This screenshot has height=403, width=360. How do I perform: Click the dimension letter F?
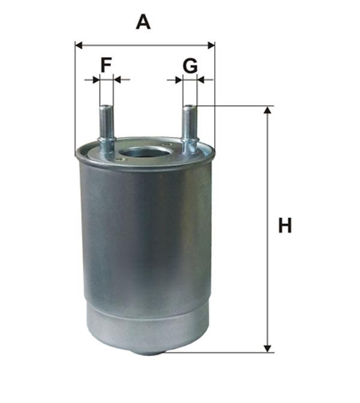(x=106, y=65)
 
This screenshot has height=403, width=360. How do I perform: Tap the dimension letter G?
(x=190, y=65)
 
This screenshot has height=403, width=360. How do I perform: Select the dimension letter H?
(x=285, y=225)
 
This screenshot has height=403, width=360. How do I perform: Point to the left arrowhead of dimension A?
(x=79, y=46)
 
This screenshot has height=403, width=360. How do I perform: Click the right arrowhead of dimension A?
(x=211, y=46)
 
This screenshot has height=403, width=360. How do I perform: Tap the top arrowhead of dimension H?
(x=268, y=110)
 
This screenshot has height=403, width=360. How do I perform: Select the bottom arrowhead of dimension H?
(x=268, y=349)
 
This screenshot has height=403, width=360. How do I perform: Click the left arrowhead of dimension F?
(x=96, y=80)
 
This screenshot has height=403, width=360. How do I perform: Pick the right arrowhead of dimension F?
(x=117, y=80)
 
